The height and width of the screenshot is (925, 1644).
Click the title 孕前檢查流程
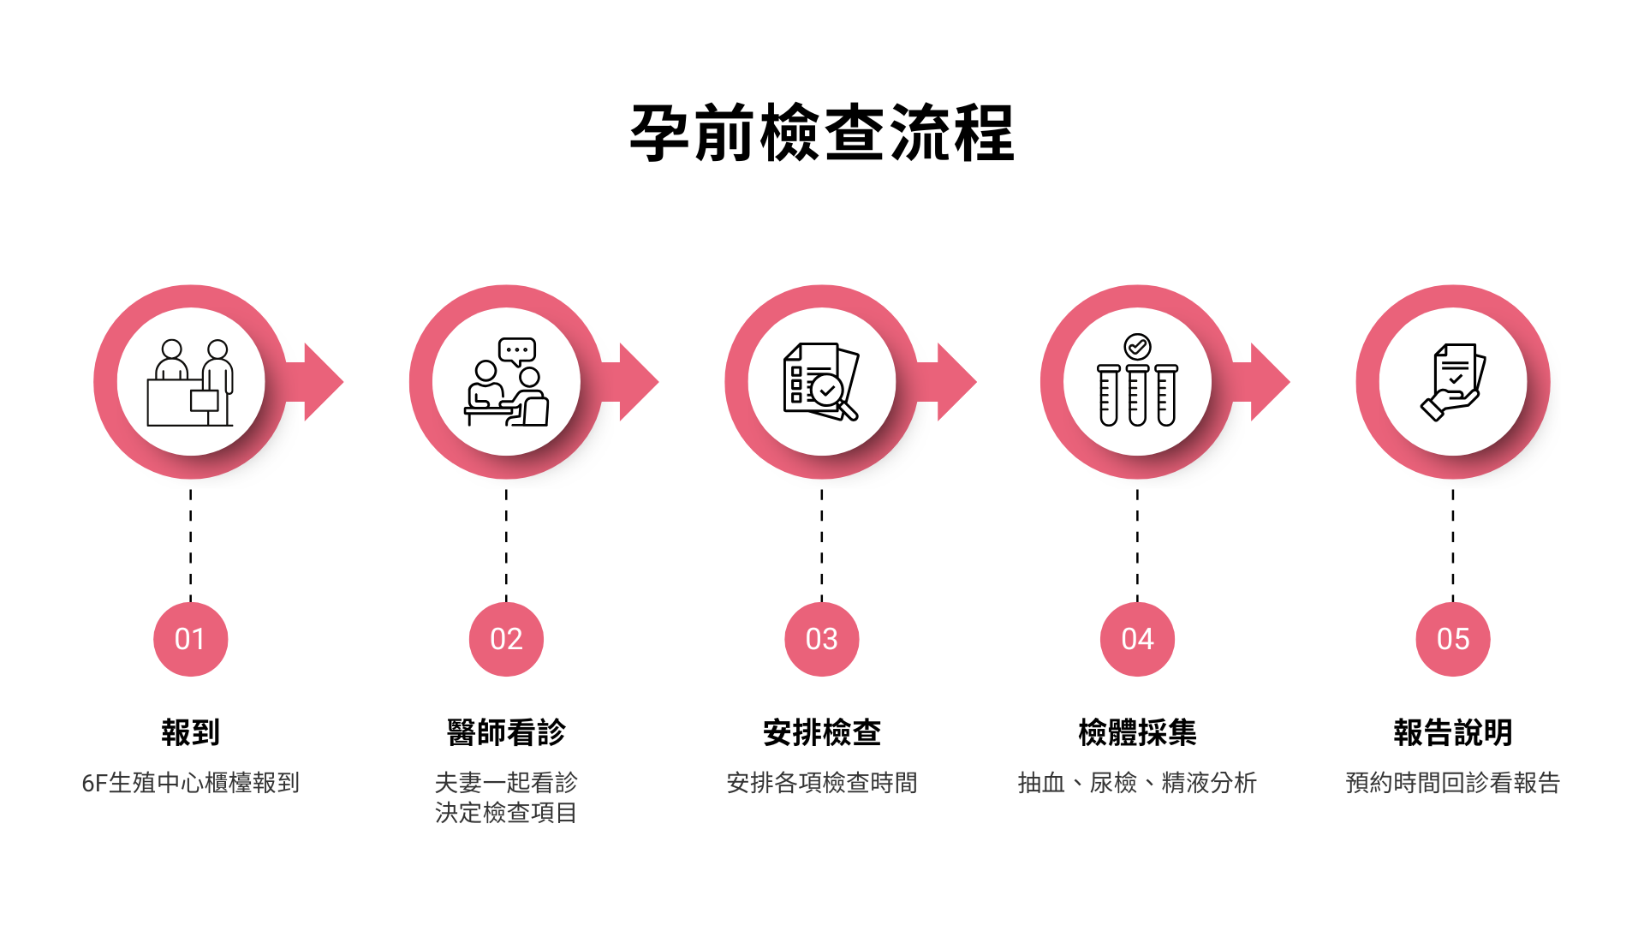[x=822, y=134]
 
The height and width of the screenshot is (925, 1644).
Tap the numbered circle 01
[x=190, y=639]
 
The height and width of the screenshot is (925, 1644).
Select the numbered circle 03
[x=822, y=639]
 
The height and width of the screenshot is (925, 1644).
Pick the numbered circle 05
[x=1453, y=639]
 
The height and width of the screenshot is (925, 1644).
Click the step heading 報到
[x=190, y=732]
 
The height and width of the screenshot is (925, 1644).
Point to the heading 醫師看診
[x=506, y=732]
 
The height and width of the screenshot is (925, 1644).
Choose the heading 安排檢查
[x=822, y=732]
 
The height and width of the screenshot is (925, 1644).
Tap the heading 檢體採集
[x=1137, y=732]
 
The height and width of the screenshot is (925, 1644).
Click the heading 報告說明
[x=1453, y=732]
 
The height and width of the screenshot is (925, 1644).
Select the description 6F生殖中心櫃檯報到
[x=190, y=783]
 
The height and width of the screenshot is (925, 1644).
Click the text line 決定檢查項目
[x=506, y=813]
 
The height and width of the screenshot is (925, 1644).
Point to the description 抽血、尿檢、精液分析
[x=1137, y=783]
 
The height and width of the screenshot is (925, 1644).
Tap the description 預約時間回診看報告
[x=1453, y=783]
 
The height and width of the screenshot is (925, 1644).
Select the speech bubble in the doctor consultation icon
[x=517, y=350]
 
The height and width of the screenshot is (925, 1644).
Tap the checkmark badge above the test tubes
[x=1137, y=347]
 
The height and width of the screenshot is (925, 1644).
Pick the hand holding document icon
[x=1453, y=382]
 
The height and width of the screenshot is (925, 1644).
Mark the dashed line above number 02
[x=506, y=545]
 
